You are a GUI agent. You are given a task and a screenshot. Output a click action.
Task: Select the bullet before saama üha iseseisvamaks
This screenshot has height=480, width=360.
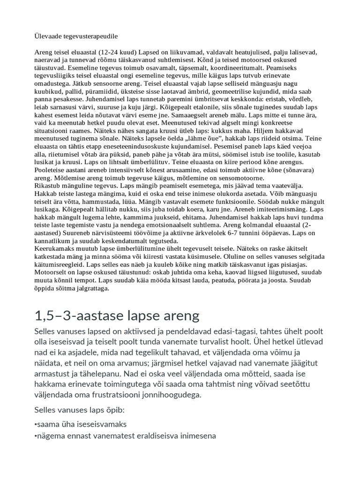point(36,424)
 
